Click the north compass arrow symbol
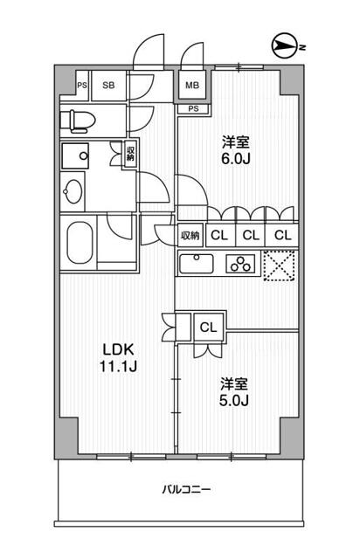point(284,46)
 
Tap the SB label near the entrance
point(108,86)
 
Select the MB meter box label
point(192,86)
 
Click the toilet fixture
point(78,121)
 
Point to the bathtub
point(80,243)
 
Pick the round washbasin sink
point(73,192)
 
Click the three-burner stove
point(240,264)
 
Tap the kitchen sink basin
point(197,264)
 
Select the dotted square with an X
point(280,266)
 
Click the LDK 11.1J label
point(118,358)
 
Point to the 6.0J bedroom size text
point(235,159)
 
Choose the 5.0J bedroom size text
point(233,401)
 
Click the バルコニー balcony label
point(186,489)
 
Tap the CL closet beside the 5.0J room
point(208,327)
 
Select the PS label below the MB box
point(193,108)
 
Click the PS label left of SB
point(82,86)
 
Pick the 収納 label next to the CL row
point(190,235)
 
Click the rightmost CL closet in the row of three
point(283,235)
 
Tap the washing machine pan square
point(75,155)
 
